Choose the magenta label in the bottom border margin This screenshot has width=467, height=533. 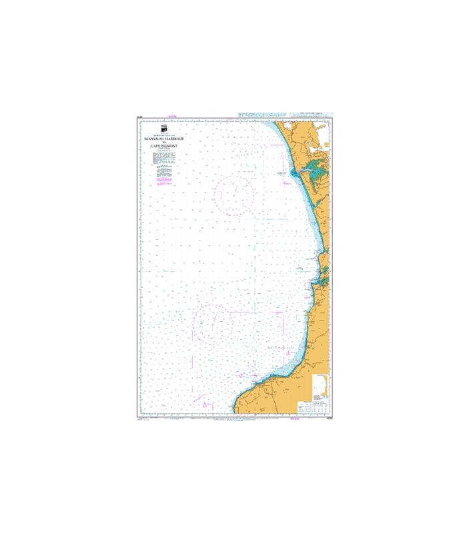(x=294, y=418)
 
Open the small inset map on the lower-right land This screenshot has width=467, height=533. (x=320, y=387)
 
